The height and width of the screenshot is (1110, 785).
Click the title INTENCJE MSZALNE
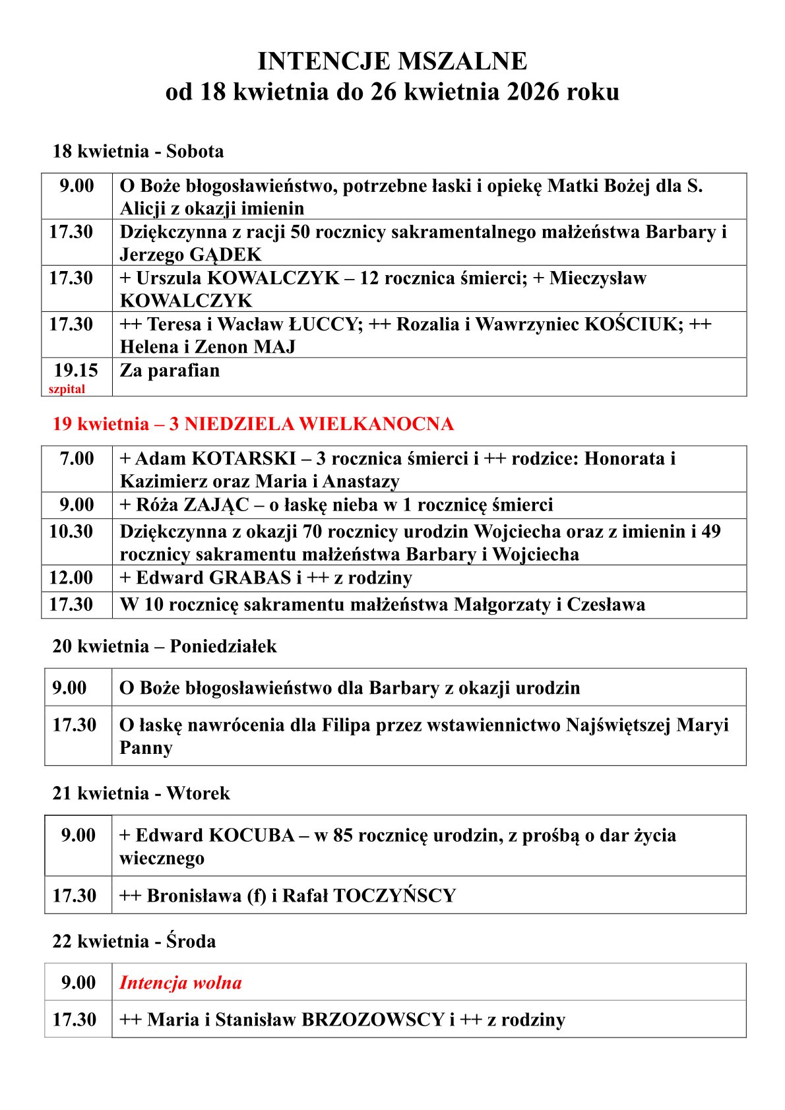point(392,61)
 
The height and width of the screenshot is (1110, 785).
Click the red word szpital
point(67,389)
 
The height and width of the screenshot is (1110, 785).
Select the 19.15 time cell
point(76,370)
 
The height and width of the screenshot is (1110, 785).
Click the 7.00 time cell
point(77,458)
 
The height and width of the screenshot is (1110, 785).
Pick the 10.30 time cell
point(71,531)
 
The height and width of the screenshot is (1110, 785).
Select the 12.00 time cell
point(71,578)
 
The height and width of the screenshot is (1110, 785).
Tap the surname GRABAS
point(250,578)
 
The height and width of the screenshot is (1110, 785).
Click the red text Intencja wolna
point(180,983)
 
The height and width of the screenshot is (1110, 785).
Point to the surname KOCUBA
point(251,835)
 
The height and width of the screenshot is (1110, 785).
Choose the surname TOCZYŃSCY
point(394,896)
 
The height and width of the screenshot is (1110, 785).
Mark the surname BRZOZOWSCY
point(373,1020)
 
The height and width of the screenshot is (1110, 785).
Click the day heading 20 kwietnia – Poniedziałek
point(164,646)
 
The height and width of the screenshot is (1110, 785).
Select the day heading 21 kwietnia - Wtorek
point(141,793)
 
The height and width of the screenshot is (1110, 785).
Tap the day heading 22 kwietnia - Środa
point(134,940)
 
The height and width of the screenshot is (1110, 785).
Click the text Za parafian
point(170,370)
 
